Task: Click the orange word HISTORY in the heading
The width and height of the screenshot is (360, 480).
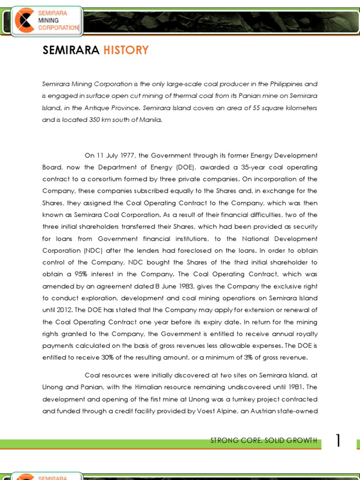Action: (x=126, y=50)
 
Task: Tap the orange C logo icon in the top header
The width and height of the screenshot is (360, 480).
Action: (x=23, y=21)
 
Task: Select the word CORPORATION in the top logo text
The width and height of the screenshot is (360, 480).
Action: (x=59, y=28)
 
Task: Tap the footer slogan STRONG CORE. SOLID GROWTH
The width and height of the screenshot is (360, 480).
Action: (x=264, y=441)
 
